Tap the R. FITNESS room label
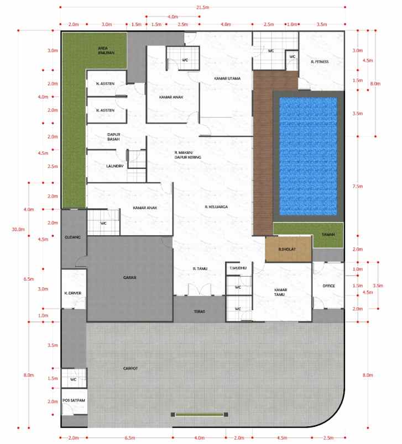[320, 62]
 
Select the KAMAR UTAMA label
[227, 78]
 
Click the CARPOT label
[130, 368]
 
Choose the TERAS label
[200, 311]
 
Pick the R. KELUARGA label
[216, 207]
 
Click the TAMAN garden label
[321, 235]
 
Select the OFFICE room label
[329, 286]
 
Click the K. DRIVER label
[73, 293]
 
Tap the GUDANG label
[73, 237]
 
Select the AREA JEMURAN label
[106, 50]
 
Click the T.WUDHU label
[238, 268]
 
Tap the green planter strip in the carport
[200, 414]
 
